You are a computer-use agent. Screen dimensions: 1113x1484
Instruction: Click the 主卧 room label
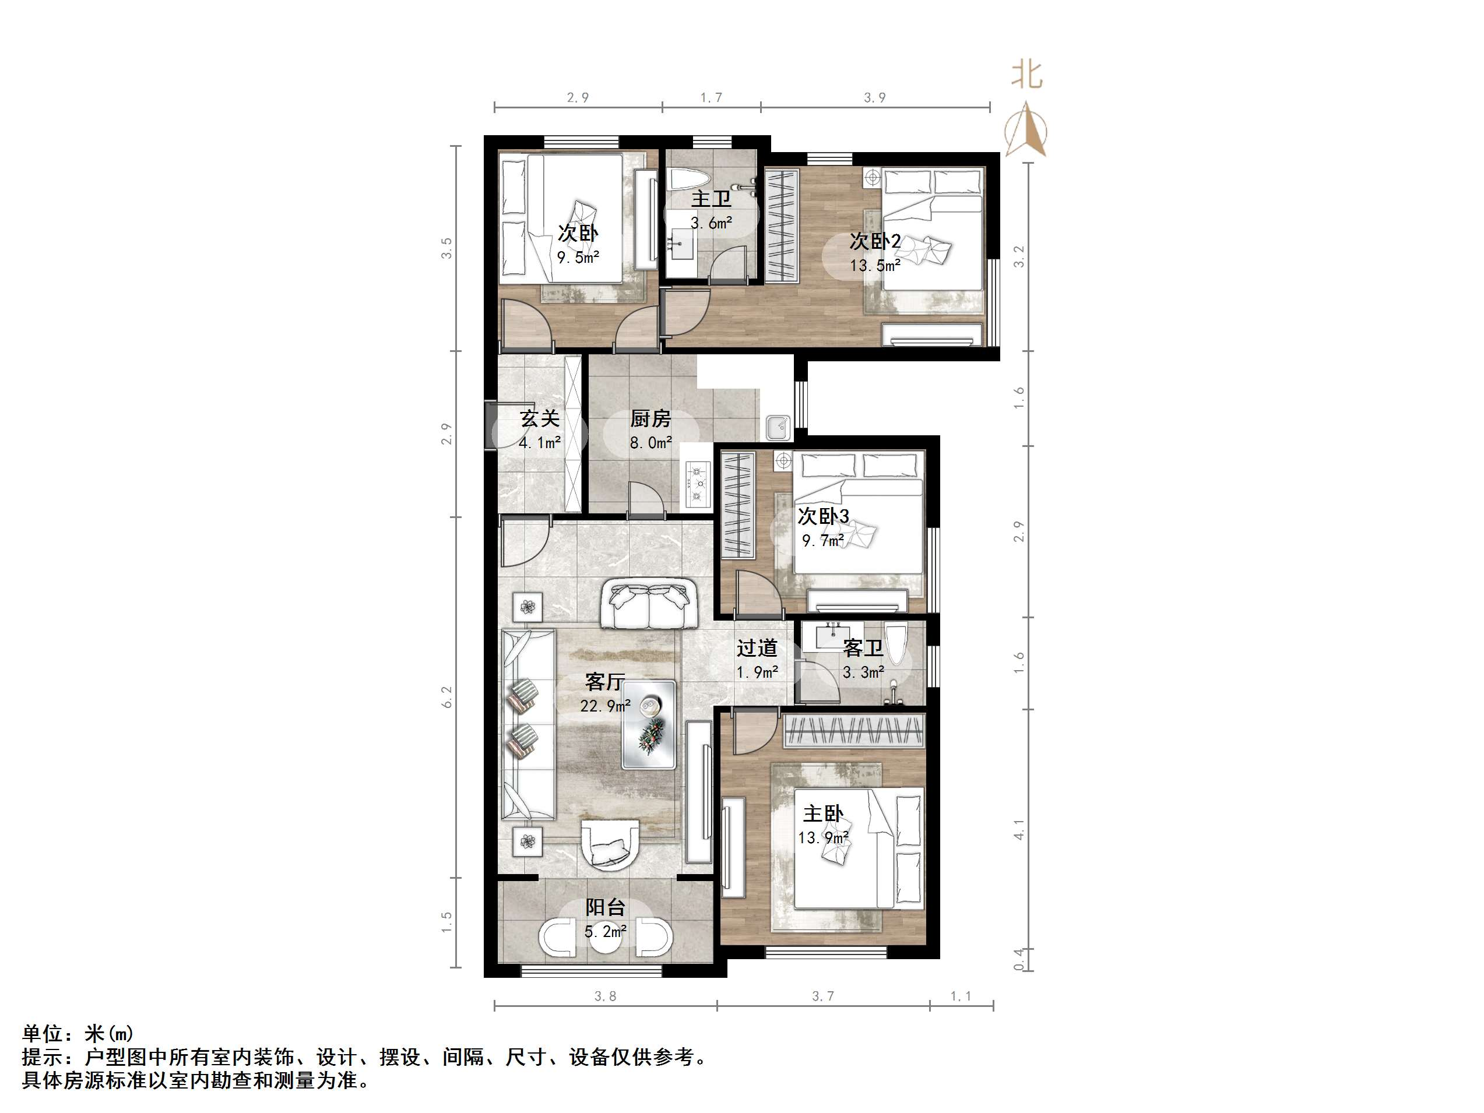point(822,814)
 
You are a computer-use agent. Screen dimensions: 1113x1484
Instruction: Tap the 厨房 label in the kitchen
point(650,418)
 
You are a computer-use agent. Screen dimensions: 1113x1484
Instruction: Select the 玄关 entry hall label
point(539,418)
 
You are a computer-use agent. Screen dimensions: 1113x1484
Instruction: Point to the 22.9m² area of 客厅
point(605,706)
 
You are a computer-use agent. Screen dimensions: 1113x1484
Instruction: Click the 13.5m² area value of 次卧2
point(875,266)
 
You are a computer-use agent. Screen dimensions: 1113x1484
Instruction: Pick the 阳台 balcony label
point(605,907)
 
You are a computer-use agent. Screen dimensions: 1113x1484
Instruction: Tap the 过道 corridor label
point(757,647)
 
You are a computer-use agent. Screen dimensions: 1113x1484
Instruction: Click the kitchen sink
point(778,427)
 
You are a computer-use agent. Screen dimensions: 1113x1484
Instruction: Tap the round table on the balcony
point(606,937)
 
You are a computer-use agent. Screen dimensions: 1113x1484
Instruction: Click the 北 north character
point(1026,75)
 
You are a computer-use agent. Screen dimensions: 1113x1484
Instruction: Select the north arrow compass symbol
point(1026,129)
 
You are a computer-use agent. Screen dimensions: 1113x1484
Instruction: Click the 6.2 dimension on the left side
point(447,697)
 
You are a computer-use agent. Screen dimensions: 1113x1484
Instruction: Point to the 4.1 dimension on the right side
point(1019,830)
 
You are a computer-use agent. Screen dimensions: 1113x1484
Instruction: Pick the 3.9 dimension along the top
point(875,98)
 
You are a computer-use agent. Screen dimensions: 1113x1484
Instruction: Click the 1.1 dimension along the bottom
point(961,996)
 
